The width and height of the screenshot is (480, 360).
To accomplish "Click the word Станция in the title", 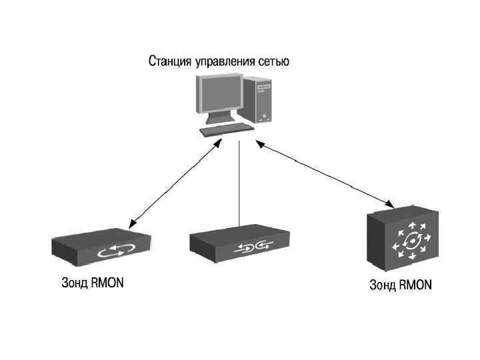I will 169,63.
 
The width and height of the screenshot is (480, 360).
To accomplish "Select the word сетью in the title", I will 273,63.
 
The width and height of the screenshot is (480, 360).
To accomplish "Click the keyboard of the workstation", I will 227,129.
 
